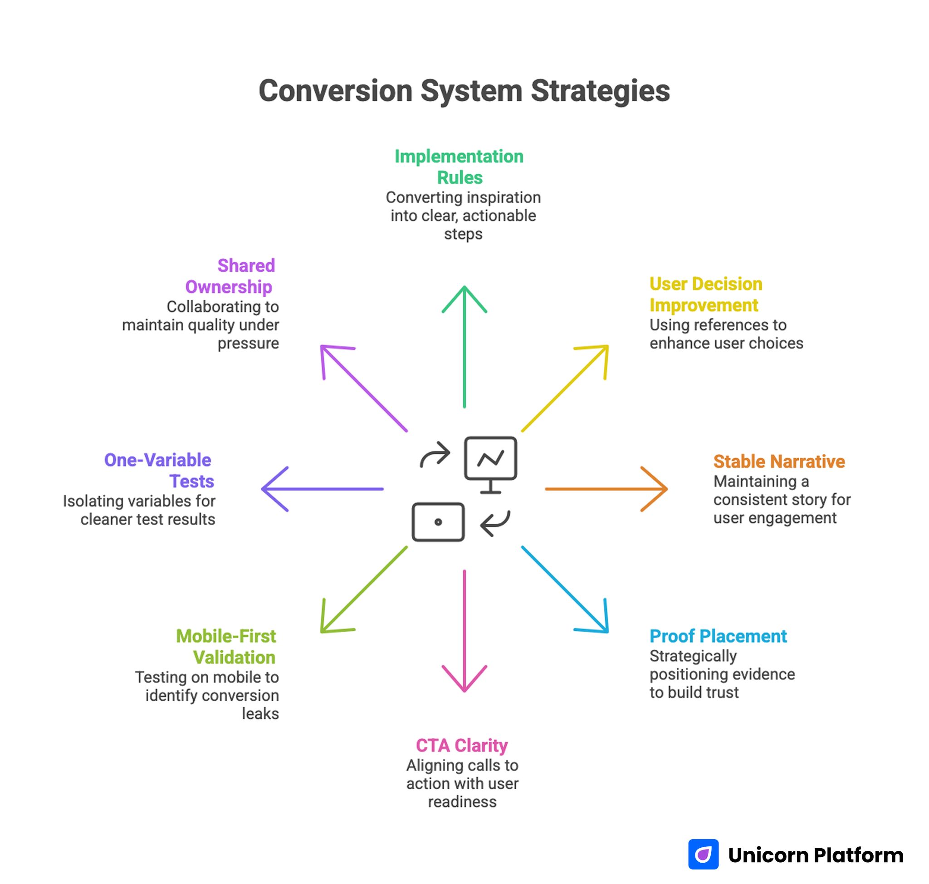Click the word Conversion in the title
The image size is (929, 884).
click(335, 91)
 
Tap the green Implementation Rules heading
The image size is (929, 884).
click(459, 167)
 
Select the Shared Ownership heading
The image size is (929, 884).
click(230, 276)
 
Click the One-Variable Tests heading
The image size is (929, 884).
click(159, 470)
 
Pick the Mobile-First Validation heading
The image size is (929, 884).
click(226, 647)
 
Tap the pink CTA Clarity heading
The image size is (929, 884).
click(461, 746)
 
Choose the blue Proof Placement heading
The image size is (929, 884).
click(718, 636)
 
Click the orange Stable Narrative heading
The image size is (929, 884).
click(779, 462)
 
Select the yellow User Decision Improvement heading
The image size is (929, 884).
click(705, 295)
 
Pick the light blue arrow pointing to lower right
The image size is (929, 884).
click(565, 589)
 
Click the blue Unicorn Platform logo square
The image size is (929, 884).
click(703, 854)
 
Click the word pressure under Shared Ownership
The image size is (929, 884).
click(248, 343)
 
